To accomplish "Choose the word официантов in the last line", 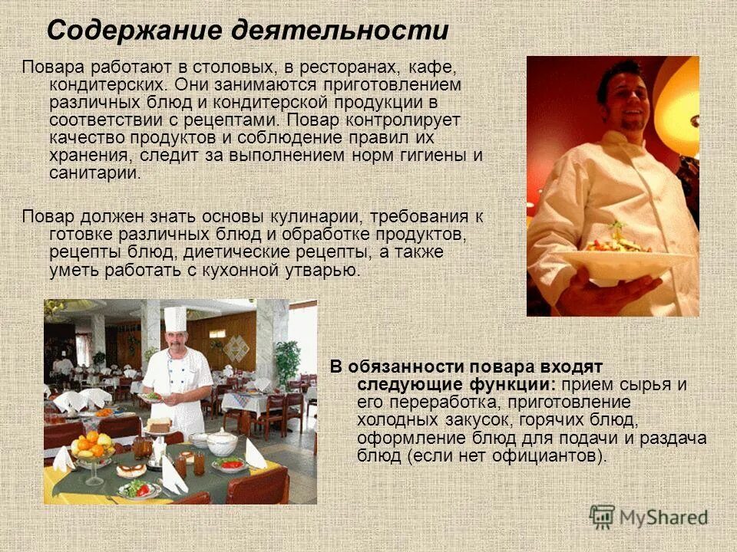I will click(x=550, y=456).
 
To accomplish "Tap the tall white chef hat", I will click(x=175, y=318).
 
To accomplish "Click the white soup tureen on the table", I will click(x=222, y=442).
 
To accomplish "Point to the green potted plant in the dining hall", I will click(x=288, y=360).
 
